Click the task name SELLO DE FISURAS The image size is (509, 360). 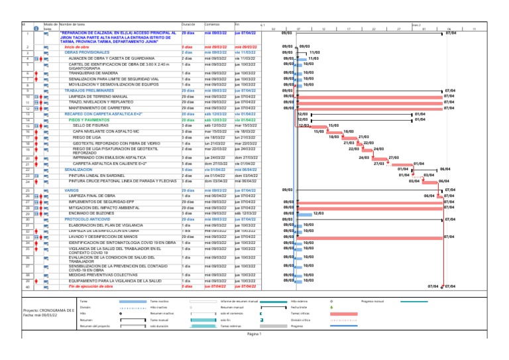89,125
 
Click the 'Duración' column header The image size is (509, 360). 188,25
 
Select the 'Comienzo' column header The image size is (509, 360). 212,25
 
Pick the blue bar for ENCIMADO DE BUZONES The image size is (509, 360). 303,213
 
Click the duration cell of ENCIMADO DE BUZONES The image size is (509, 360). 186,213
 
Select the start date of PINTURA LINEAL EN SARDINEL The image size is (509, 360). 215,175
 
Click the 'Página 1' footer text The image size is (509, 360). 254,334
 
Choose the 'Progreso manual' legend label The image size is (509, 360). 373,301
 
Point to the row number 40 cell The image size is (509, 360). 27,287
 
